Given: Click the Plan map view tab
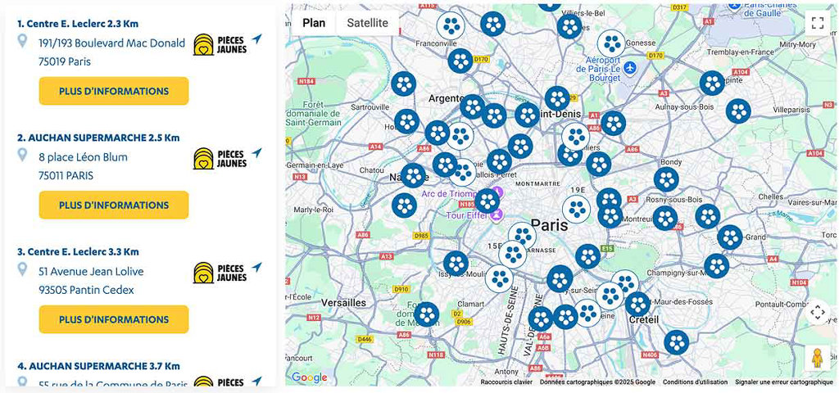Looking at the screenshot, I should [x=314, y=23].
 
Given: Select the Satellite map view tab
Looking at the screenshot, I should [x=367, y=23].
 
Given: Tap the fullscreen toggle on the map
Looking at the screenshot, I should [x=816, y=23].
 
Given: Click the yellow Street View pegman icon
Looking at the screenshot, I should [x=816, y=358].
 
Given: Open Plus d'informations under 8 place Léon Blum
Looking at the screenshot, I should [x=114, y=205].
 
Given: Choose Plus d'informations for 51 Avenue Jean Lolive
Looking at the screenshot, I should [x=114, y=319].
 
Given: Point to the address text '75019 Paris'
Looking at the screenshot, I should [x=65, y=61].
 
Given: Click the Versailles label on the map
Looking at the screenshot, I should [x=343, y=303].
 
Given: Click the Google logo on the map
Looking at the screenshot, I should [x=310, y=377].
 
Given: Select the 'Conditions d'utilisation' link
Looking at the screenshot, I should [x=695, y=382].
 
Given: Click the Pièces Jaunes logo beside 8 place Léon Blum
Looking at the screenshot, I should [x=220, y=158].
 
